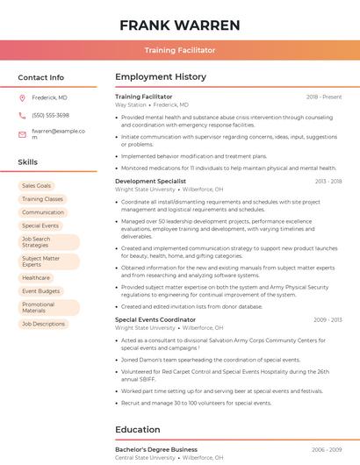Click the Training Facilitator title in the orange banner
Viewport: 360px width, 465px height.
180,51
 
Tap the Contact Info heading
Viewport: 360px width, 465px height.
40,77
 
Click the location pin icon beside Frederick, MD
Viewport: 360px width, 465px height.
22,97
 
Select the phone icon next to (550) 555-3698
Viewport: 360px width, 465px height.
22,115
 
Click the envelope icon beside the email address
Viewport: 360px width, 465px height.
22,133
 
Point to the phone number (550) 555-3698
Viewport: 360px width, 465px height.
50,115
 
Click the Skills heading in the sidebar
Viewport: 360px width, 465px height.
28,162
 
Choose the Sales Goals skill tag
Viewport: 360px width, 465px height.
37,186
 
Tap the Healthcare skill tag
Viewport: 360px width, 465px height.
36,277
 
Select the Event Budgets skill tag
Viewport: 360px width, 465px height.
41,290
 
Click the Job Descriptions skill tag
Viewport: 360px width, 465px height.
43,324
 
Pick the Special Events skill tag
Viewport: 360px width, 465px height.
40,225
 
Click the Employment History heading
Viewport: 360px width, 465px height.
161,77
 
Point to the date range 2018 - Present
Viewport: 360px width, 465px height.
324,97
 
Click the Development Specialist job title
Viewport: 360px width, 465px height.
151,181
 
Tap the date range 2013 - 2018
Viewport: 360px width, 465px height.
328,181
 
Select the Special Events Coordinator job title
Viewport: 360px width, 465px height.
155,319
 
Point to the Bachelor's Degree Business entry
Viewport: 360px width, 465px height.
156,449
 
